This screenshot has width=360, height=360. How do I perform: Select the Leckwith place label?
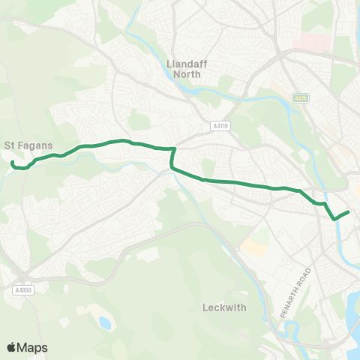tap(223, 307)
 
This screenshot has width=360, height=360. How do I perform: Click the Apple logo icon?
tap(12, 347)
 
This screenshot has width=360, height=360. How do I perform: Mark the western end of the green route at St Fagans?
tap(13, 162)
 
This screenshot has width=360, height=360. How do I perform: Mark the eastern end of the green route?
tap(349, 212)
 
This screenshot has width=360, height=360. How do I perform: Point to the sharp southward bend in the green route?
tap(173, 150)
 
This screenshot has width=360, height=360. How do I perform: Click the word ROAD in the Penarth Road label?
tap(304, 279)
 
